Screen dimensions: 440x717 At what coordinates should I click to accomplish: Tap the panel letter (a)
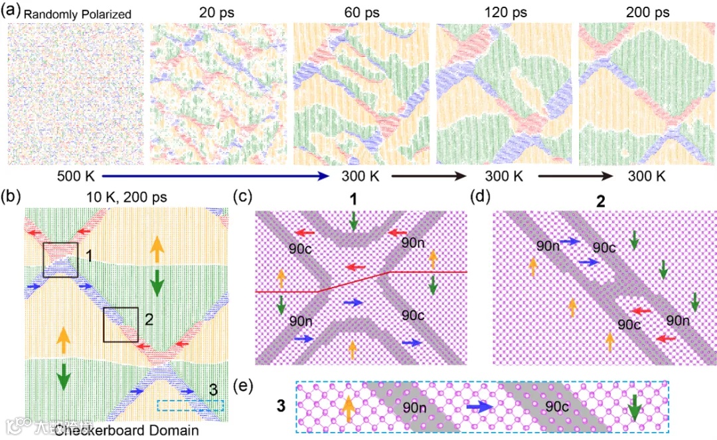[11, 13]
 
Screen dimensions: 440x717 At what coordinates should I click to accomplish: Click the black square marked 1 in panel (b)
[60, 261]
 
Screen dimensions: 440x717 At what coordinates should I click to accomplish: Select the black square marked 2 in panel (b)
[121, 324]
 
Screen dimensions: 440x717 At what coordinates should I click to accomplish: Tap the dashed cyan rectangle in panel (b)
[191, 405]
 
